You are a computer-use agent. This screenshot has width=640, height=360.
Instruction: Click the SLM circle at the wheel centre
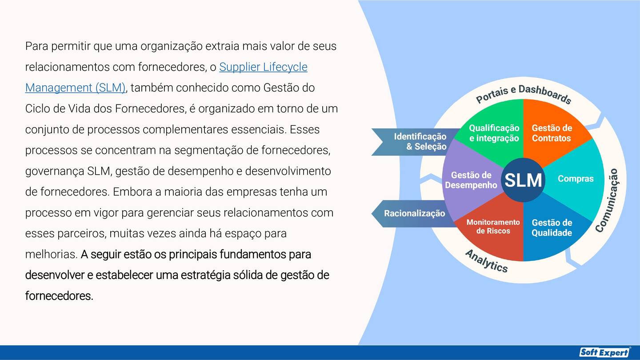[523, 180]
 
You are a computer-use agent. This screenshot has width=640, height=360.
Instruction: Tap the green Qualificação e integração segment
[494, 133]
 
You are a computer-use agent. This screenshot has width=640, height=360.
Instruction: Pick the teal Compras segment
[576, 179]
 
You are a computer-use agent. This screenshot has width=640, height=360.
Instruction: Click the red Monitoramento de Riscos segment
[493, 226]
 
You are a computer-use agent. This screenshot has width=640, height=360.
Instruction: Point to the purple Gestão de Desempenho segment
[471, 180]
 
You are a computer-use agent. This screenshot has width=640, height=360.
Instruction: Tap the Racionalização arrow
[413, 213]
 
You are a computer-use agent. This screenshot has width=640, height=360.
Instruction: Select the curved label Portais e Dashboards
[523, 93]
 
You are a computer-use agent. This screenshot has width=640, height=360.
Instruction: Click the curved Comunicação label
[607, 200]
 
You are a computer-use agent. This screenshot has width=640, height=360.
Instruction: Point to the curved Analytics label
[486, 261]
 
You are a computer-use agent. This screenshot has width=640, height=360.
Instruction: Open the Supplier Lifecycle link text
[263, 67]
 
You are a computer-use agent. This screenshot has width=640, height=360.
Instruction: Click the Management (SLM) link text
[75, 88]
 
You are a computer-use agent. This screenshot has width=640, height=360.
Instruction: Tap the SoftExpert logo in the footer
[605, 352]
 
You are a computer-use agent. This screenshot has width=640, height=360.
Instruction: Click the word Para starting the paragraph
[36, 46]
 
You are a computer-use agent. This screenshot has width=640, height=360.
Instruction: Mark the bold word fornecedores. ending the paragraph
[59, 296]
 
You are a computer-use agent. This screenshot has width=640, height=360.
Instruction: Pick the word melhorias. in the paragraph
[51, 255]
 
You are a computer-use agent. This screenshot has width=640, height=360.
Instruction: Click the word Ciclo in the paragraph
[36, 109]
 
